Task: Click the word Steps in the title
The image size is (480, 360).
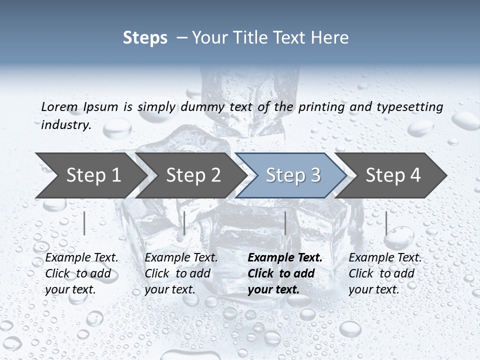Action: [145, 38]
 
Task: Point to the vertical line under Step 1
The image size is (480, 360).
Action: [84, 223]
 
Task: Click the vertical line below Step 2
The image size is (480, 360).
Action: [184, 223]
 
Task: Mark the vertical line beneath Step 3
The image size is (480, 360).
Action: [285, 223]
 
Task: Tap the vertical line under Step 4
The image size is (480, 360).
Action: [386, 223]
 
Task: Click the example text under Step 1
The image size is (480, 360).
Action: [81, 273]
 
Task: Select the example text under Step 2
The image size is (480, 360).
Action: [181, 273]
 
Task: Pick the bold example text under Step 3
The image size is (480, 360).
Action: [285, 273]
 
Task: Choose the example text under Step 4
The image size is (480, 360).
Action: [385, 273]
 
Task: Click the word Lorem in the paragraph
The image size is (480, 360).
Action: [59, 106]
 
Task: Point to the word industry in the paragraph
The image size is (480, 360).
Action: [66, 125]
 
